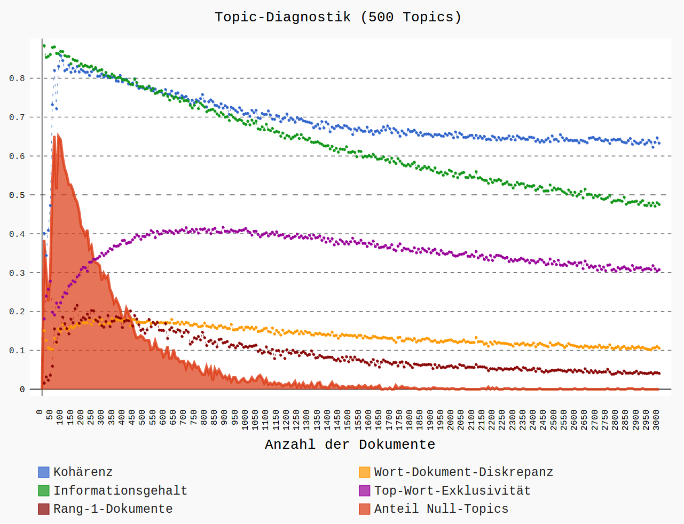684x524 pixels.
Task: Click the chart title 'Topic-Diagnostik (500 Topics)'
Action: pos(338,17)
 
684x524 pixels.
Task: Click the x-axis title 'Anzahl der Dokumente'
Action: pos(350,444)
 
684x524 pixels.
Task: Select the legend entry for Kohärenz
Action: pos(83,472)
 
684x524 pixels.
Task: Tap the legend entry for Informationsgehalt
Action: pos(120,491)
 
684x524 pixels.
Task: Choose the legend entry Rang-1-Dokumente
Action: pos(113,509)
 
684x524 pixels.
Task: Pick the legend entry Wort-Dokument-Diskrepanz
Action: pos(463,472)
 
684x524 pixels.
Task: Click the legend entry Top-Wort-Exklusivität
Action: pos(452,491)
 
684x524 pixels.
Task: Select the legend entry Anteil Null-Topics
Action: pos(441,509)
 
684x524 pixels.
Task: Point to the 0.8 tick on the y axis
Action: pos(17,78)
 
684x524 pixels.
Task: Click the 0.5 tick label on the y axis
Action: pos(17,195)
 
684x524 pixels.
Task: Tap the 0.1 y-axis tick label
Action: pos(17,351)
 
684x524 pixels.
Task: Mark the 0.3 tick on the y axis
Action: pos(17,273)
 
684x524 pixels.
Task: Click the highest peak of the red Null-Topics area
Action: pos(58,134)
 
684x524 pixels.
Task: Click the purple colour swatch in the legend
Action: pos(365,491)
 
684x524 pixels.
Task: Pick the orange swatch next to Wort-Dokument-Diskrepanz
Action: pos(365,472)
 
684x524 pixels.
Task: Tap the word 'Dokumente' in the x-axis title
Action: pos(397,444)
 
